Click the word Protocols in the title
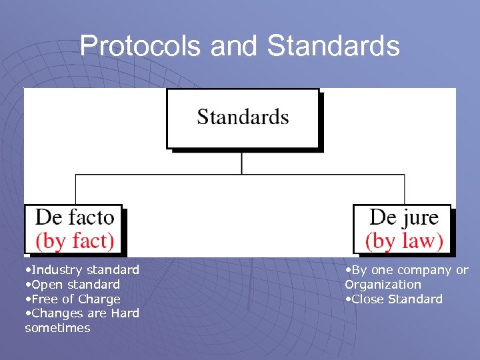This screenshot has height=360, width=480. coord(141,46)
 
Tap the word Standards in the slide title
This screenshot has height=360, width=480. coord(333,46)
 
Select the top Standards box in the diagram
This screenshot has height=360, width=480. coord(243,119)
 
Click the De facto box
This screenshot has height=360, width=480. coord(74,229)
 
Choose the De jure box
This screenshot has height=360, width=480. coord(403,229)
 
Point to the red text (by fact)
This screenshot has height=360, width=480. coord(75,240)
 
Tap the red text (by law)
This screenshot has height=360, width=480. coord(404,240)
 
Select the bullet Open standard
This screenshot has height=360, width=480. coord(75,285)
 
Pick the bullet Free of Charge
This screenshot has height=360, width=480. coord(75,299)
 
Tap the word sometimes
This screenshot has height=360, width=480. coord(57,328)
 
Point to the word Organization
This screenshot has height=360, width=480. coord(383,285)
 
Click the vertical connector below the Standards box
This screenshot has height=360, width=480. coord(241,163)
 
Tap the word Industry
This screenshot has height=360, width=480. coord(56,270)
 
